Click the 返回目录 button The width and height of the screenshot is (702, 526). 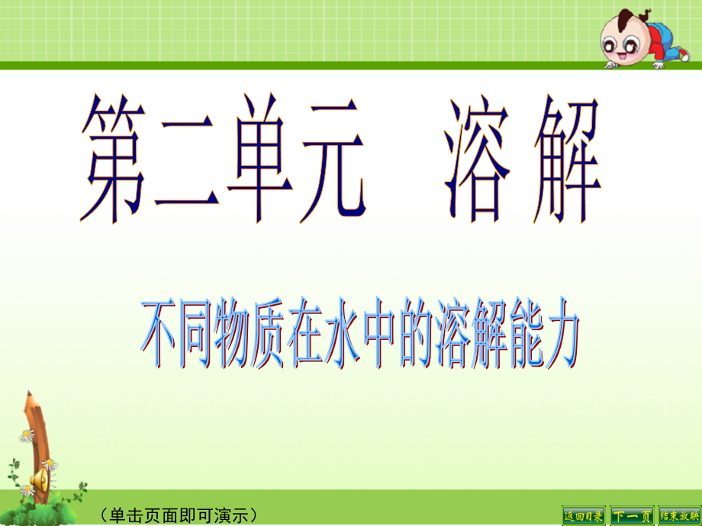tap(584, 515)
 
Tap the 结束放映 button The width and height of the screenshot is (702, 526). tap(678, 515)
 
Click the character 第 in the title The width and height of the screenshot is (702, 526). tap(117, 162)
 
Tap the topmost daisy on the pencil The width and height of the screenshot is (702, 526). tap(27, 435)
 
